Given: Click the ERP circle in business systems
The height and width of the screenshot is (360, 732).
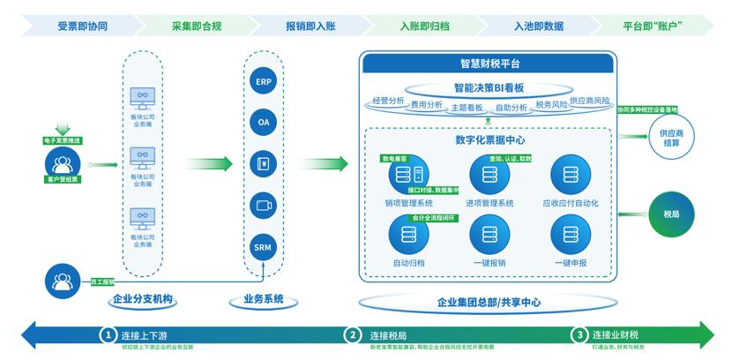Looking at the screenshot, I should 264,82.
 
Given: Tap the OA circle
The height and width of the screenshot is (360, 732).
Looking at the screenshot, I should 264,123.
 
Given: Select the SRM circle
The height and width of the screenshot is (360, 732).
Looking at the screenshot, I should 264,245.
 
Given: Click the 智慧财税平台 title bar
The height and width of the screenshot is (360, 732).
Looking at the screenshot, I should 489,64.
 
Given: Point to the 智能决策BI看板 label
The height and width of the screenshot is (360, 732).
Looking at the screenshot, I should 489,88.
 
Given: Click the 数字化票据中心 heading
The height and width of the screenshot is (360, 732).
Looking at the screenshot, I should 489,139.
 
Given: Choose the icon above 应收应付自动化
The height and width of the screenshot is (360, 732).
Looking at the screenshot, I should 571,174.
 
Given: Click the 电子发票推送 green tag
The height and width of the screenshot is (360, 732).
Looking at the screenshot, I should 62,141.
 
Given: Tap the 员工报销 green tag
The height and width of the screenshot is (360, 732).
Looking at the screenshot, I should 102,282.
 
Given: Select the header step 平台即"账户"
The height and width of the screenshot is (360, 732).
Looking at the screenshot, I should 654,26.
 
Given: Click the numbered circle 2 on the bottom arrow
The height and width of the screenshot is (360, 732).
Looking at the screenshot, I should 353,335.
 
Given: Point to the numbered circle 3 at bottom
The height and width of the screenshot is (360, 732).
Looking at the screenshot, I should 579,335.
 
